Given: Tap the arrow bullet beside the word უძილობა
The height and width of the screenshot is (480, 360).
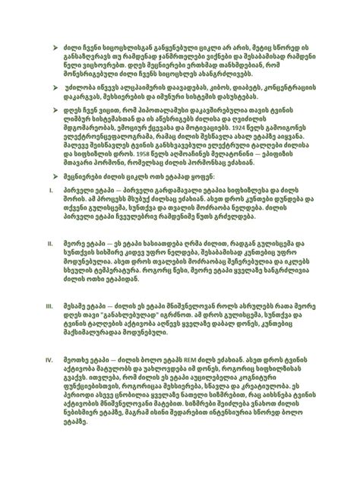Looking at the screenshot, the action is pos(56,89).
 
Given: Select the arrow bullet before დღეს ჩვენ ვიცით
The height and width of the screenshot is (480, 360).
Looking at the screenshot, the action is pos(56,111).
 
